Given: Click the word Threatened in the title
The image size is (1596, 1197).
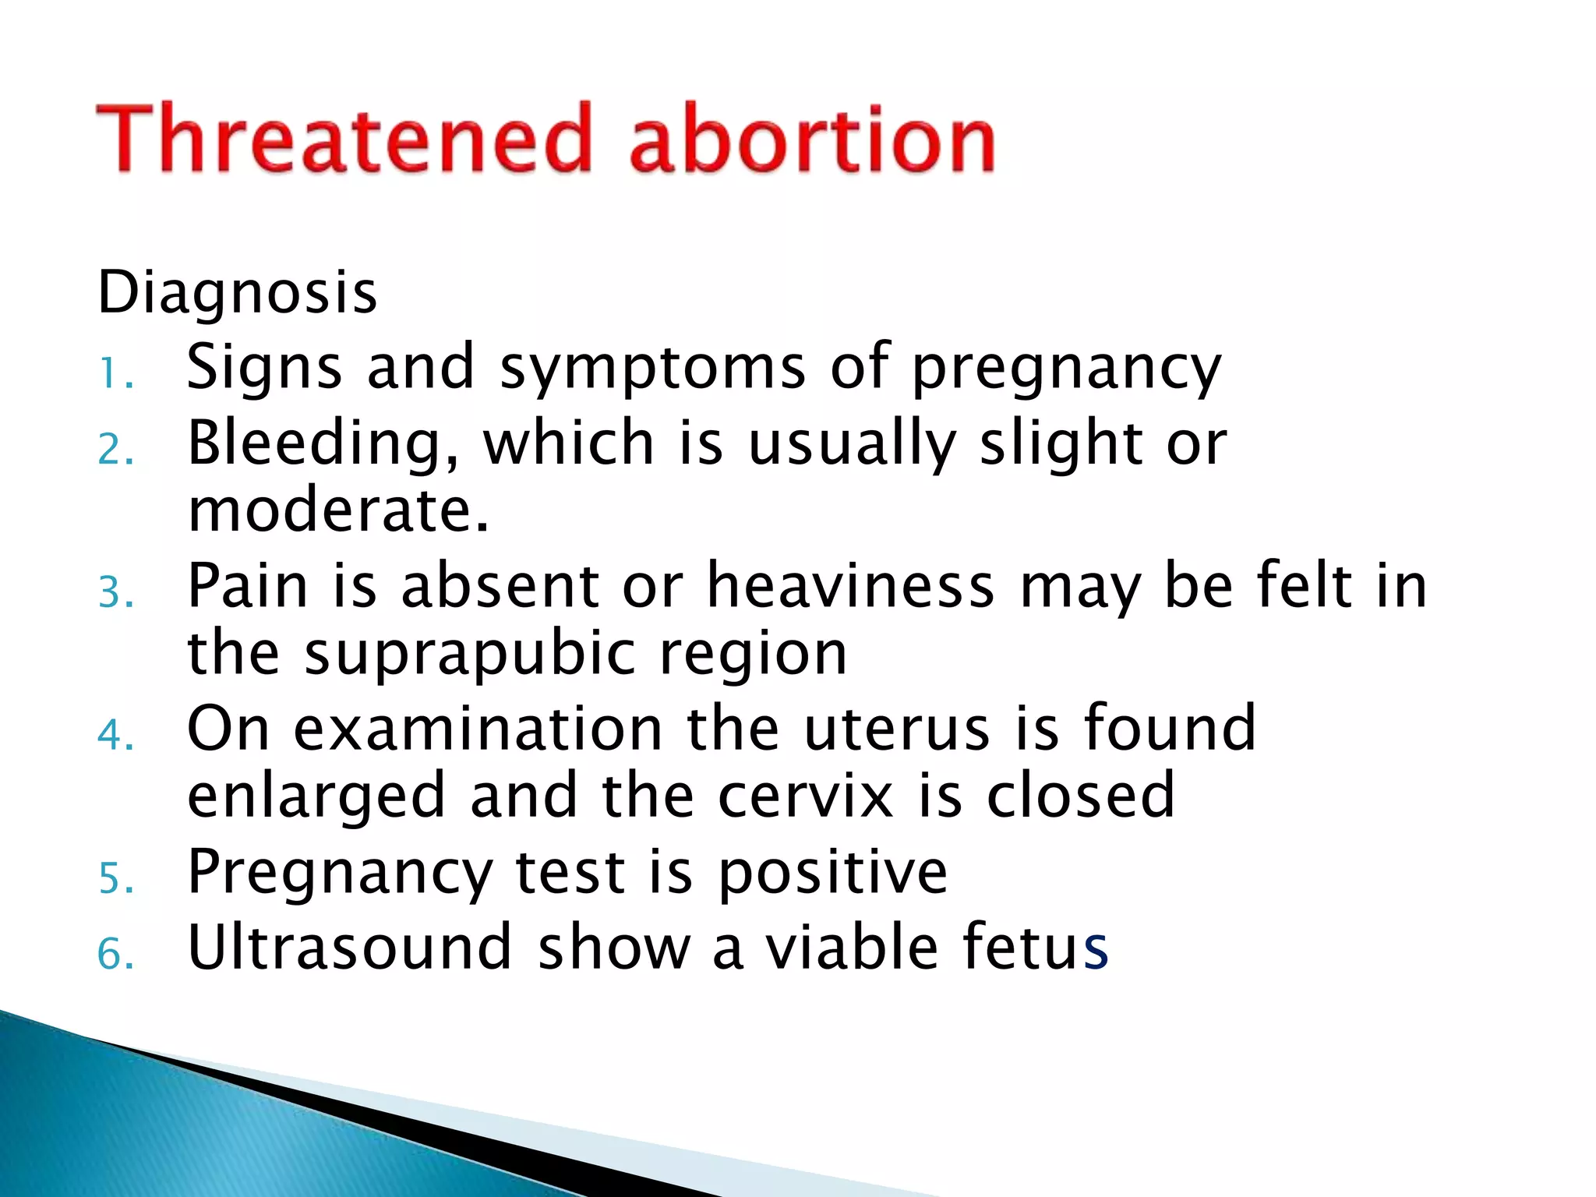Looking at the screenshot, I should click(343, 139).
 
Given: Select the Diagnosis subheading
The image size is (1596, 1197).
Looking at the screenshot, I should click(237, 292).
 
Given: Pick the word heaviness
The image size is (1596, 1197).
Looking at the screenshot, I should click(849, 586).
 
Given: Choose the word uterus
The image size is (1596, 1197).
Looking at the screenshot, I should click(896, 729).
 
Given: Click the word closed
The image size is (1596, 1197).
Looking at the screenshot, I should click(1080, 796).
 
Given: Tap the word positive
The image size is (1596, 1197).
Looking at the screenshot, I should click(832, 873).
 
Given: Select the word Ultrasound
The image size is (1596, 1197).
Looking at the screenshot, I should click(349, 948).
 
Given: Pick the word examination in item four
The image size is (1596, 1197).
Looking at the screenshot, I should click(478, 729).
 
